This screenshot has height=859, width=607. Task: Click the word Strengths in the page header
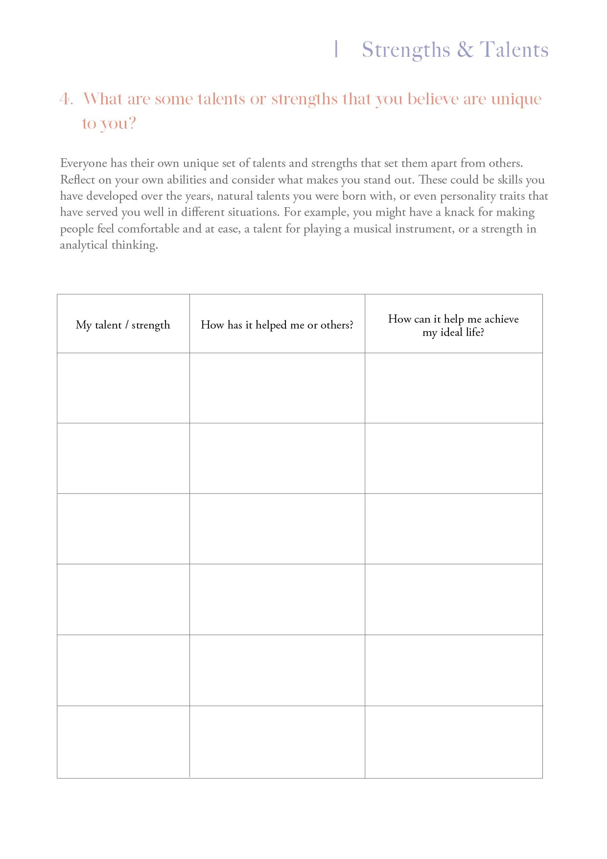pos(406,50)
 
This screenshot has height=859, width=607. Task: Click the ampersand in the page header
pos(465,50)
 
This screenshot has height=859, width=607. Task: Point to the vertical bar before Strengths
pos(336,49)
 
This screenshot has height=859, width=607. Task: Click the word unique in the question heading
pos(516,99)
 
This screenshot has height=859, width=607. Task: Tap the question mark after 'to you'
pos(131,123)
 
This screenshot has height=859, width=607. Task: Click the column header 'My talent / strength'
pos(123,325)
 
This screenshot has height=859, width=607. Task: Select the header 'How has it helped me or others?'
pos(277,325)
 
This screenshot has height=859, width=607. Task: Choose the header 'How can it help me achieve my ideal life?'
pos(453,325)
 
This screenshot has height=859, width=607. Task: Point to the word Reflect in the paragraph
pos(77,180)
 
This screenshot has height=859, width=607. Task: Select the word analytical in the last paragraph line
pos(84,245)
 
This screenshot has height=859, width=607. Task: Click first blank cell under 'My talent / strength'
pos(123,388)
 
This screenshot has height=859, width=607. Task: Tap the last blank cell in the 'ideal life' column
pos(453,741)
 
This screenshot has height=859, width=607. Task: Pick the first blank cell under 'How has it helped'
pos(277,388)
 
